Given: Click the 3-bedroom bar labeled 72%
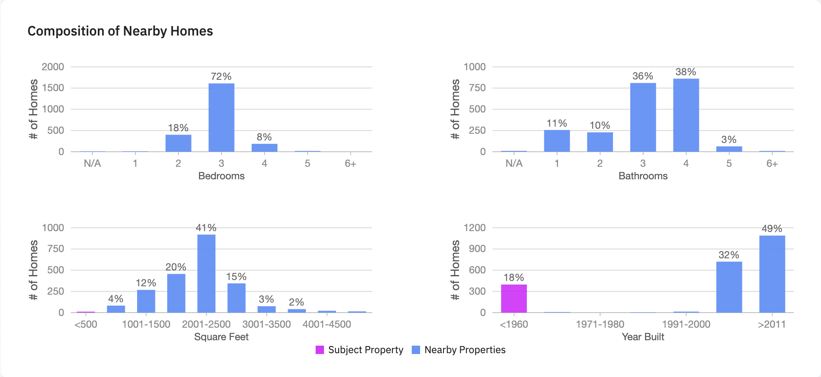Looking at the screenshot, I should (221, 117).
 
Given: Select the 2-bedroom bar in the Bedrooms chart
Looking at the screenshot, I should (178, 143).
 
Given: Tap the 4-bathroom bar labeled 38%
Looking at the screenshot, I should (686, 115).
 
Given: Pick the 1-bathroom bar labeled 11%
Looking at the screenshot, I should (556, 141).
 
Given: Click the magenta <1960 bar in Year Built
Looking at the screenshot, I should (514, 298).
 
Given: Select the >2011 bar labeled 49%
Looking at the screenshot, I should (772, 274).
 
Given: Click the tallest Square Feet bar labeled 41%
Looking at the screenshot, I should (206, 273).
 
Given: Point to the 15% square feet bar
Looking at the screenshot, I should (236, 298).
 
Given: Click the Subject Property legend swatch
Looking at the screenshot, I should (320, 350).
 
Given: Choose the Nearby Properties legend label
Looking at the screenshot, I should (465, 350).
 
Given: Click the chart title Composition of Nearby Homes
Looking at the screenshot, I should (120, 31).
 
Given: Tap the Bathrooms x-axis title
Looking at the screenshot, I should (643, 176).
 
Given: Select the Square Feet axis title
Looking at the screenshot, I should (221, 337).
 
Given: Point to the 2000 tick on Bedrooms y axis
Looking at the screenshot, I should (53, 67).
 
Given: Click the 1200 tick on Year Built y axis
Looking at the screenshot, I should (474, 228).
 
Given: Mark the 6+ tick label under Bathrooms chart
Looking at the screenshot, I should (772, 163).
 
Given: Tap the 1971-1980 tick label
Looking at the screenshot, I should (600, 324).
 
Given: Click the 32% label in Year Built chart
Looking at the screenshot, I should (729, 255).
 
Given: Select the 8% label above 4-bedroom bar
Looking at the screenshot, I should (264, 137).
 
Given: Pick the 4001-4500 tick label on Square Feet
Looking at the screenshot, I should (326, 324).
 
